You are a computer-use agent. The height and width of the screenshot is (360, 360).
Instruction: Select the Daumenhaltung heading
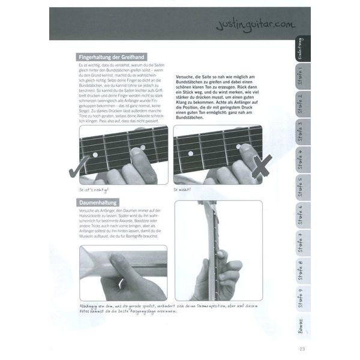coord(98,203)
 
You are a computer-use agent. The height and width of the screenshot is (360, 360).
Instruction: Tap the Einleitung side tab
coord(301,48)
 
